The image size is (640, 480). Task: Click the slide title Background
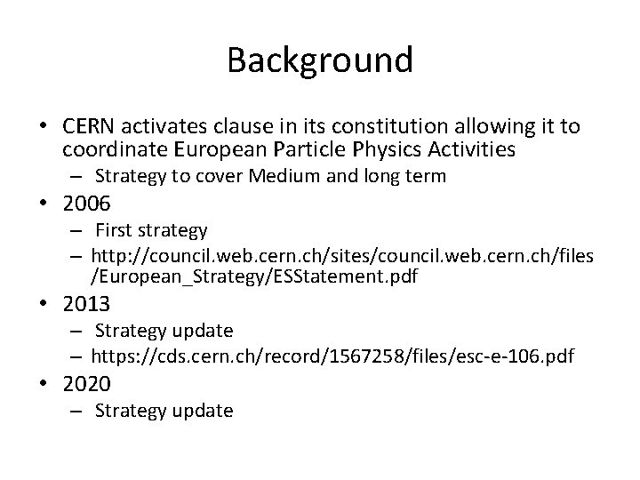click(320, 60)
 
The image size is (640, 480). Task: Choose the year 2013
click(86, 304)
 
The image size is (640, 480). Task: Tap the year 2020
click(86, 384)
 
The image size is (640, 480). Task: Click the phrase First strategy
click(151, 231)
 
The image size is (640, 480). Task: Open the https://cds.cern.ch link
click(334, 356)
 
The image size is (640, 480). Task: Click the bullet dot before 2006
click(42, 204)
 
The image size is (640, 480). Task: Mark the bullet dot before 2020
click(42, 385)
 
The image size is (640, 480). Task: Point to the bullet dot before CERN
click(42, 124)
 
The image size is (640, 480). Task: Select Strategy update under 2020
click(164, 411)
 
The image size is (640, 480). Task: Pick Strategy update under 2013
click(164, 332)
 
